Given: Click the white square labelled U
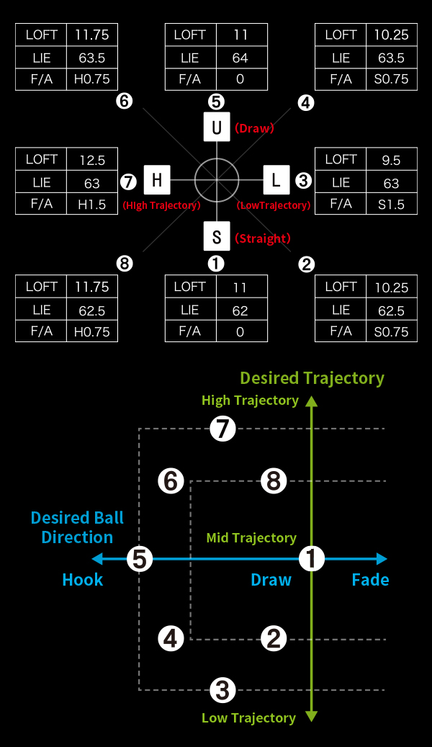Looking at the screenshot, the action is [x=217, y=127].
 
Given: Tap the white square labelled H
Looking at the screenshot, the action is [x=157, y=179].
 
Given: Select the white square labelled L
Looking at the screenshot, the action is [x=276, y=179].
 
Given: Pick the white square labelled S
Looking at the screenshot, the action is [x=217, y=236].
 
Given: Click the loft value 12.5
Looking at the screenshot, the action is [x=92, y=160].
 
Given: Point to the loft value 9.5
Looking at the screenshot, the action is [x=391, y=160].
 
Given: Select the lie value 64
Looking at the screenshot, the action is [x=240, y=58].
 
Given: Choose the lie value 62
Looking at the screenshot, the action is [x=240, y=310].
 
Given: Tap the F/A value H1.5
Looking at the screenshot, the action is [x=92, y=205].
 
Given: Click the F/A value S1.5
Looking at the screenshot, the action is [x=391, y=205].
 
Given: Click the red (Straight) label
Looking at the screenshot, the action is [x=262, y=238].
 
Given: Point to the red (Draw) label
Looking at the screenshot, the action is [x=254, y=128].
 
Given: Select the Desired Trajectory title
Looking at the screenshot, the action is [x=312, y=378].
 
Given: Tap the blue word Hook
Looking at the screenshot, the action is [x=83, y=580].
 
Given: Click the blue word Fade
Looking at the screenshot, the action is [x=370, y=580].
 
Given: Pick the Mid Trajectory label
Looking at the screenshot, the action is [x=251, y=538].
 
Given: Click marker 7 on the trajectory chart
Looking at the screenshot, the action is [x=223, y=429].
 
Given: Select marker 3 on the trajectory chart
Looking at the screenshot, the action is [x=223, y=690].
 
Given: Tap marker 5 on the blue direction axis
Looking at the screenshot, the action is [x=140, y=559].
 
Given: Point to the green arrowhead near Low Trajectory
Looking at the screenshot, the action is [x=312, y=717].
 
